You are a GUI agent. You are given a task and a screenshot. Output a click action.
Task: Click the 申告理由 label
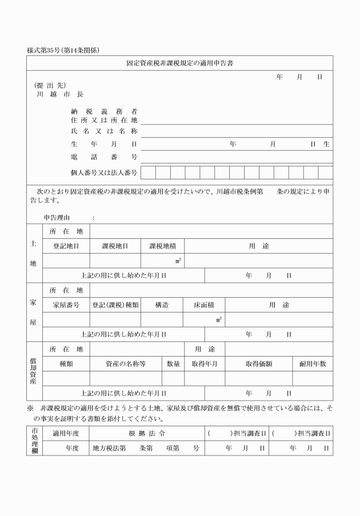coord(57,218)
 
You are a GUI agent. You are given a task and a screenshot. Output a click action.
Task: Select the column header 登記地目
coord(66,246)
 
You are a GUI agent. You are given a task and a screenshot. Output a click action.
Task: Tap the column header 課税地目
coord(115,246)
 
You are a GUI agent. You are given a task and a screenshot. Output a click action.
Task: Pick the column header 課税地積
coord(162,246)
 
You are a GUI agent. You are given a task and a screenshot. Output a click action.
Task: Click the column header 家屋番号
coord(66,305)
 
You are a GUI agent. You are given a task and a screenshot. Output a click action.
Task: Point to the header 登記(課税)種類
coord(115,305)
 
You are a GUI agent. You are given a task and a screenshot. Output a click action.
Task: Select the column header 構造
coord(162,305)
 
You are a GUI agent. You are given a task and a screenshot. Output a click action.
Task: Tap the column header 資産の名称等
coord(126,363)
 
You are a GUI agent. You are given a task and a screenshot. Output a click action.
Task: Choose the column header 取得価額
coord(258,363)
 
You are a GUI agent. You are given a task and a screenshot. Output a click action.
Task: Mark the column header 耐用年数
coord(313,363)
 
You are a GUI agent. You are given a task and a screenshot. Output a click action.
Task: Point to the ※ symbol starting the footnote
coord(30,409)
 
